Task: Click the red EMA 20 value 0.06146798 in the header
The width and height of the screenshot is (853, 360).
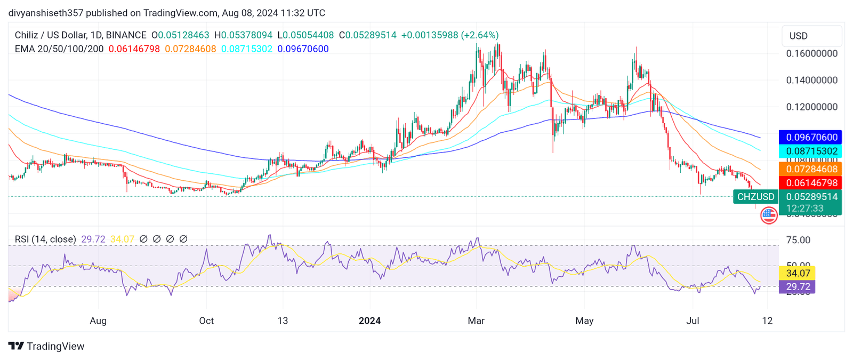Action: pos(134,49)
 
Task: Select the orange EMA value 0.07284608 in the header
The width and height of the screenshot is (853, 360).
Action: pos(190,49)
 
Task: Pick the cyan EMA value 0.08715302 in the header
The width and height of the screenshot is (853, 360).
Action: pos(247,49)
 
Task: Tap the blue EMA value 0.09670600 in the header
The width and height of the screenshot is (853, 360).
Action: pos(303,49)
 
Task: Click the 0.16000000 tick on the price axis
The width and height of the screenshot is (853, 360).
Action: pos(811,54)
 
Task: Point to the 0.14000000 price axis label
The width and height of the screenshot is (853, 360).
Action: pos(811,81)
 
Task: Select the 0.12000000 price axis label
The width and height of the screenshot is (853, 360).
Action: pos(811,107)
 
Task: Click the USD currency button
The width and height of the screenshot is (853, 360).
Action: pos(798,36)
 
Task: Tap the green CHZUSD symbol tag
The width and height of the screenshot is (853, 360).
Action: pos(755,197)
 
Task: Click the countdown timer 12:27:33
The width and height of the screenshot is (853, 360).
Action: pos(804,209)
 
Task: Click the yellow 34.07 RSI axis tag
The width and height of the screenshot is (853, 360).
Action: pos(798,274)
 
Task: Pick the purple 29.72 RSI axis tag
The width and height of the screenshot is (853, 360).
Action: pos(798,287)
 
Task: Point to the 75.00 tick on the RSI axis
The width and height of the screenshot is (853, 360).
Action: pos(798,241)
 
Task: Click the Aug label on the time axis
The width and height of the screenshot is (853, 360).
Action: pos(98,321)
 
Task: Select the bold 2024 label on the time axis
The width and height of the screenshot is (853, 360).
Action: pos(369,321)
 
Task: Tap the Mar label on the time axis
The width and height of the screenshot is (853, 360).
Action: pos(476,321)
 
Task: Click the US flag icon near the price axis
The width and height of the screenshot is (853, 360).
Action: pos(768,215)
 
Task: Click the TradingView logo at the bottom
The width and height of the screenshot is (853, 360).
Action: pos(46,346)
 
